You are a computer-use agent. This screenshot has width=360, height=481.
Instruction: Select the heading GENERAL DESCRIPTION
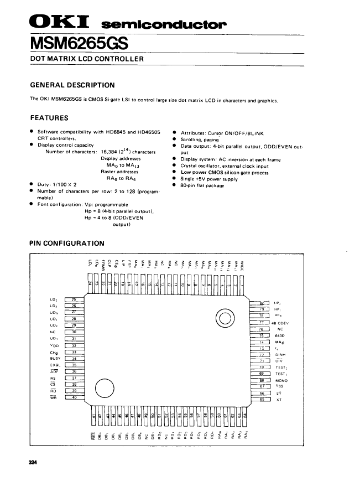coord(72,85)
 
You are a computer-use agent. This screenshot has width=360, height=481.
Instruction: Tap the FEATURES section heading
coord(49,118)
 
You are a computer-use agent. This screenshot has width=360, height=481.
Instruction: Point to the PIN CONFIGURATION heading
coord(66,243)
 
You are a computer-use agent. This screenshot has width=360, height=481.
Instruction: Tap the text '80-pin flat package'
coord(202,186)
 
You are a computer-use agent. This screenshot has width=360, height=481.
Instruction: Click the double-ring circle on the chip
coord(226,318)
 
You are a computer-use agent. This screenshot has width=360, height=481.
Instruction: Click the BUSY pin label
coord(55,359)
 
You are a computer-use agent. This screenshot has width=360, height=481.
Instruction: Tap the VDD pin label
coord(54,345)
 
